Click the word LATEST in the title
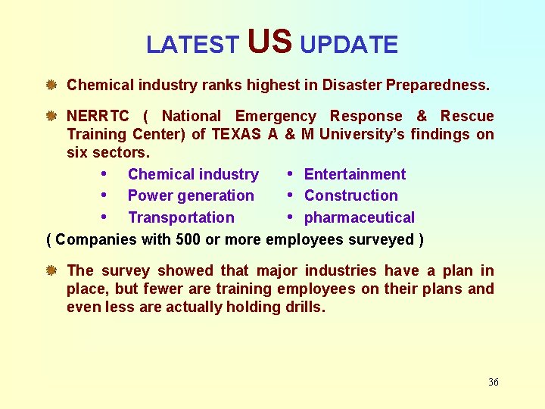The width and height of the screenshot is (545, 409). [192, 45]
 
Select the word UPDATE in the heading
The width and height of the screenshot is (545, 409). [349, 45]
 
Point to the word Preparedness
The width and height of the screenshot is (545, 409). [438, 85]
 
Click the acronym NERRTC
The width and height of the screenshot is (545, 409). [98, 116]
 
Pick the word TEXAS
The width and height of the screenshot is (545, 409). [236, 134]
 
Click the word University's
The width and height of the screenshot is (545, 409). [367, 134]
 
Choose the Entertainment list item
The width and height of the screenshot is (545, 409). [354, 174]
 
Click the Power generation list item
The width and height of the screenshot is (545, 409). [191, 195]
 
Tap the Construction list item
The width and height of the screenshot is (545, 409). [350, 195]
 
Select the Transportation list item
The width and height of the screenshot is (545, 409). [181, 217]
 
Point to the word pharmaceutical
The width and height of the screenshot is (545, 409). [359, 217]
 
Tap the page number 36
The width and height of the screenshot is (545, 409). [493, 382]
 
